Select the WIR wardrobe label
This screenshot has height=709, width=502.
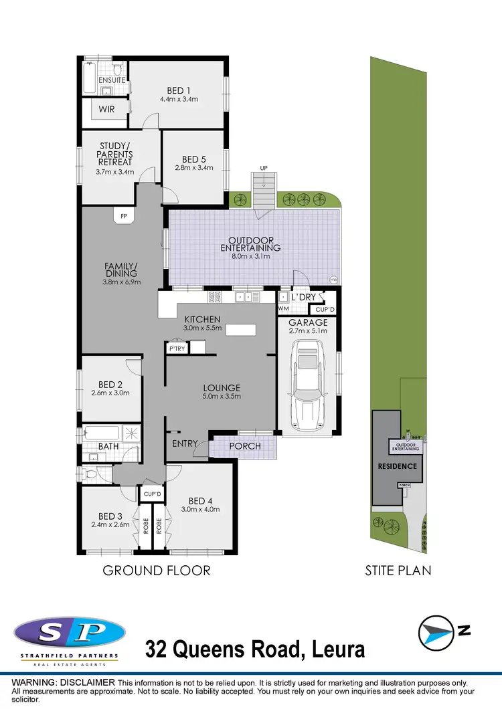pos(107,108)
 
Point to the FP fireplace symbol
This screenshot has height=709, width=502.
pos(124,216)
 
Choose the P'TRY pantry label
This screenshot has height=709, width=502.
pos(177,348)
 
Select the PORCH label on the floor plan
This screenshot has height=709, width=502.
pos(244,446)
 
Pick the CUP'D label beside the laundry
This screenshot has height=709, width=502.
pos(324,310)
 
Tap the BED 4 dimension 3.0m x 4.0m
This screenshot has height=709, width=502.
pos(201,510)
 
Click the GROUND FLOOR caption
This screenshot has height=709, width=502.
pos(156,571)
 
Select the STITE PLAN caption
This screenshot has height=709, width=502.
pos(398,571)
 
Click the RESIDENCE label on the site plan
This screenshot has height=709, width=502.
pos(398,466)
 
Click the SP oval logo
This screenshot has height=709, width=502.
pos(69,633)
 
